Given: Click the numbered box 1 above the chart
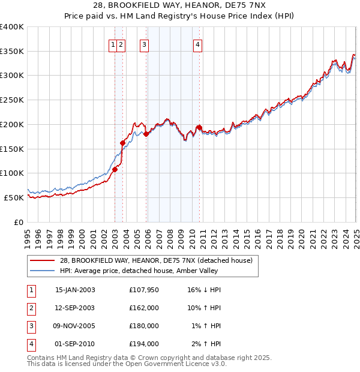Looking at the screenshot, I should [113, 44].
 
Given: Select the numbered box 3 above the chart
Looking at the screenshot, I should [145, 44].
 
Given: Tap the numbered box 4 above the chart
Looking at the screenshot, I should [197, 44].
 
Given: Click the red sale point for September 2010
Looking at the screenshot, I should [199, 127].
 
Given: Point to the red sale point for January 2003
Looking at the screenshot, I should [115, 169].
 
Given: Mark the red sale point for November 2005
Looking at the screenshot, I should [146, 134].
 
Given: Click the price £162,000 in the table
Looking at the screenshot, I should [144, 308].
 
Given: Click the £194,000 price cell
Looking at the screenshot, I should [144, 344].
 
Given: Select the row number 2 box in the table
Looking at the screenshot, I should [30, 308].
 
